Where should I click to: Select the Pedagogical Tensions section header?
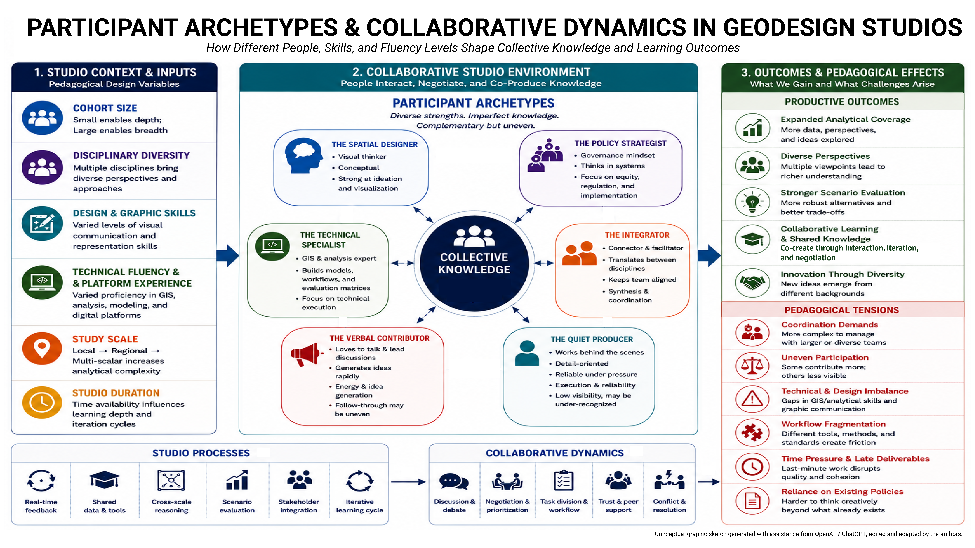point(842,310)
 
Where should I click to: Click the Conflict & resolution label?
point(669,506)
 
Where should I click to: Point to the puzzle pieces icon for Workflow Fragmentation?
point(752,432)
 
